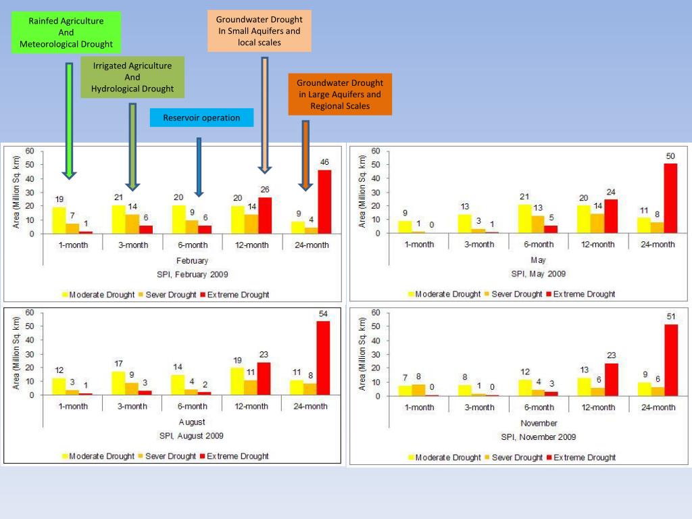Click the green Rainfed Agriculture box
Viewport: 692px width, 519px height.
[x=66, y=32]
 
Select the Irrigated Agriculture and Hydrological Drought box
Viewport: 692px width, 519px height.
[x=132, y=77]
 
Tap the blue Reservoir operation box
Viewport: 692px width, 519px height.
[x=201, y=118]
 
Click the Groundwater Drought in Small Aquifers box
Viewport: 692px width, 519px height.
[x=259, y=31]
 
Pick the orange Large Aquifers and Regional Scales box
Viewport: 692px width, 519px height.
[x=340, y=95]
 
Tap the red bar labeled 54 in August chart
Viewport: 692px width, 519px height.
[x=323, y=358]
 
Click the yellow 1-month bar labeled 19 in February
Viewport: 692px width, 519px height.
[x=59, y=220]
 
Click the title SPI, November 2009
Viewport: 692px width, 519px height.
[x=539, y=437]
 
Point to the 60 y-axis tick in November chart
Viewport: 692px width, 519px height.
[x=376, y=312]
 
